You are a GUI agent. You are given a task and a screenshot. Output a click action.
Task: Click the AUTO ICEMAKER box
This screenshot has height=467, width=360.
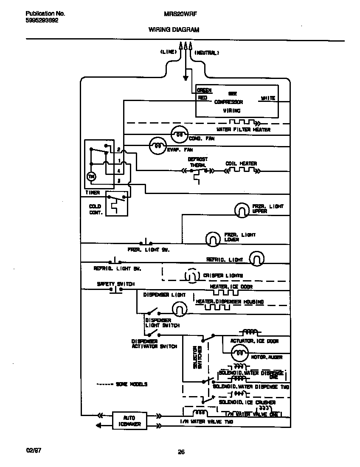click(x=129, y=421)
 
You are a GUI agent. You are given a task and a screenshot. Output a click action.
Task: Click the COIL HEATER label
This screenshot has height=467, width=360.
click(x=241, y=163)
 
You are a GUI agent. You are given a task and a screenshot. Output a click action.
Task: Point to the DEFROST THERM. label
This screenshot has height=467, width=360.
click(x=197, y=162)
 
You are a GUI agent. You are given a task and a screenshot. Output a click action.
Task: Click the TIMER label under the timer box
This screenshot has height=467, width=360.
click(x=92, y=193)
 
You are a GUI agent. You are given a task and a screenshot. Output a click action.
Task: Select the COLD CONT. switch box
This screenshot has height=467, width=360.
click(x=116, y=203)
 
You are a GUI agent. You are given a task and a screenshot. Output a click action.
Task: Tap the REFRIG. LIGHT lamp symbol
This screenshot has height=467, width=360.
click(x=256, y=258)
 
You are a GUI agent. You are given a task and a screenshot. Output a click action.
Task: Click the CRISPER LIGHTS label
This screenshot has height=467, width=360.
click(x=223, y=276)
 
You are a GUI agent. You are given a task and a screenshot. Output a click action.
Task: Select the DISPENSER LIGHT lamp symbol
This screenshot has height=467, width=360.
click(x=180, y=307)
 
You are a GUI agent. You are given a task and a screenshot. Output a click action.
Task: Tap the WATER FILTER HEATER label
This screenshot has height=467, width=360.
click(x=243, y=129)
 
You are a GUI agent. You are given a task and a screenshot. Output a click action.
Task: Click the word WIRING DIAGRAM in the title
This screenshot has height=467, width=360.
click(x=174, y=30)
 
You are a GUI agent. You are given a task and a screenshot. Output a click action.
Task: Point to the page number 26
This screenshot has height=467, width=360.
click(x=181, y=452)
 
